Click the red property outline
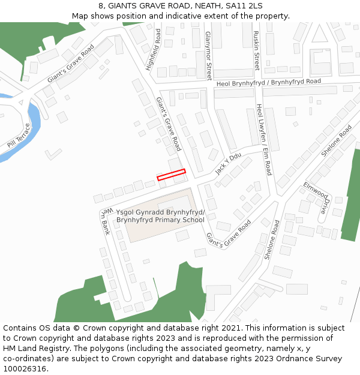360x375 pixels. (x=171, y=175)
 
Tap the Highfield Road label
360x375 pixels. (x=154, y=49)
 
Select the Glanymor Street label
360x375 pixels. (x=208, y=56)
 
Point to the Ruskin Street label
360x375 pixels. (x=256, y=50)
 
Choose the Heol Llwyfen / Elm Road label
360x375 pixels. (x=264, y=139)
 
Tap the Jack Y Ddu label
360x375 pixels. (x=228, y=163)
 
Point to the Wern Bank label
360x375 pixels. (x=106, y=221)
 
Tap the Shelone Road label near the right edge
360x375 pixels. (x=337, y=140)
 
